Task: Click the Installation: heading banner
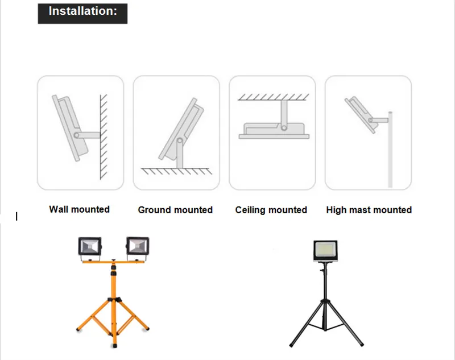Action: tap(82, 13)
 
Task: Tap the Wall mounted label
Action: tap(80, 209)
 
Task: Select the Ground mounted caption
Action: tap(175, 210)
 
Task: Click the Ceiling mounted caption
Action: tap(271, 210)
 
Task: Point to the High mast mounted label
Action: tap(369, 210)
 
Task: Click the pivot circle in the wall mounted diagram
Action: tap(77, 135)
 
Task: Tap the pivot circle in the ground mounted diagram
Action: tap(180, 141)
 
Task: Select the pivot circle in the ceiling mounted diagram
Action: tap(284, 127)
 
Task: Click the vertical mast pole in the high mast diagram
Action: tap(390, 150)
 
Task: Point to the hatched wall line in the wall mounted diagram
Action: tap(104, 136)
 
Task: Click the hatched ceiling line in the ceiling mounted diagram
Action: tap(274, 97)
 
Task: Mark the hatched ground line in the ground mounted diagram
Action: tap(176, 171)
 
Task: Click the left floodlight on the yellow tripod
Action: tap(90, 246)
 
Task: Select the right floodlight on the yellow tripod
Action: tap(138, 246)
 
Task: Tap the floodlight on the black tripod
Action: tap(325, 251)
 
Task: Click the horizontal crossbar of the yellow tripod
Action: tap(113, 262)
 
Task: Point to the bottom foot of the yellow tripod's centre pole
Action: tap(115, 345)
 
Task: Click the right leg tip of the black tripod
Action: tap(362, 345)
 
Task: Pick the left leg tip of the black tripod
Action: tap(291, 345)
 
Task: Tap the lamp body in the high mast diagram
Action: tap(361, 114)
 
